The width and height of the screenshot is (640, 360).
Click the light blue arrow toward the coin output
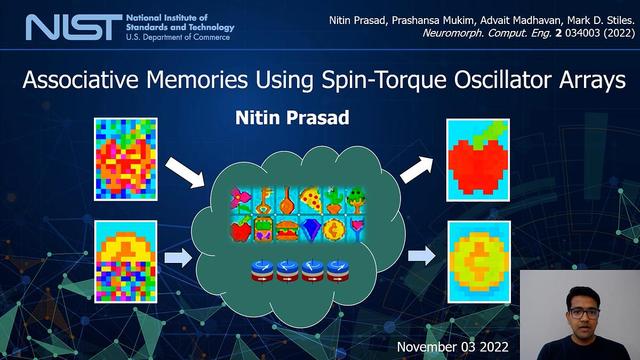pyautogui.click(x=422, y=256)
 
